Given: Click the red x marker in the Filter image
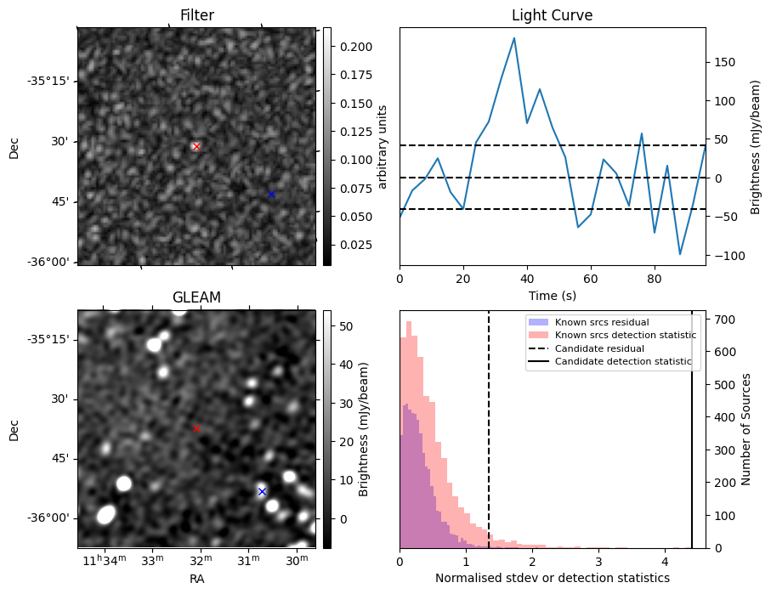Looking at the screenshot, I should [x=196, y=147].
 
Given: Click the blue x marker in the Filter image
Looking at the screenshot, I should [x=271, y=195].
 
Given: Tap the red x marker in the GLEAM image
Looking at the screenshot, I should [x=196, y=429].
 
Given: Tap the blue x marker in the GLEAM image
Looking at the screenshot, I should [x=262, y=492].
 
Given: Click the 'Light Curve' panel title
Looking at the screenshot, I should [x=552, y=15].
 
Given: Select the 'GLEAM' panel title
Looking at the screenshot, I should [x=196, y=297].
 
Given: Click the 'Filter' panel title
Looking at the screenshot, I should [x=196, y=15].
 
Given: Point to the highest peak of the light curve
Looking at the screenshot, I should [x=514, y=38].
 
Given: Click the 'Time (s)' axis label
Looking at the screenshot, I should [x=552, y=295].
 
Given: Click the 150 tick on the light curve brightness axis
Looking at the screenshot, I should [x=724, y=62].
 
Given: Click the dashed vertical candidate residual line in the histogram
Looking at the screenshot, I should [x=489, y=442].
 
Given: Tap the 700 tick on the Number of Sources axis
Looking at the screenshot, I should [x=721, y=320].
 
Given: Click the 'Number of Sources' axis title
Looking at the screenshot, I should [x=746, y=429].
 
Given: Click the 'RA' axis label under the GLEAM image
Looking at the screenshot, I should [x=196, y=579].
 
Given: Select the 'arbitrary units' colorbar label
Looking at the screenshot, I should [x=383, y=147].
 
